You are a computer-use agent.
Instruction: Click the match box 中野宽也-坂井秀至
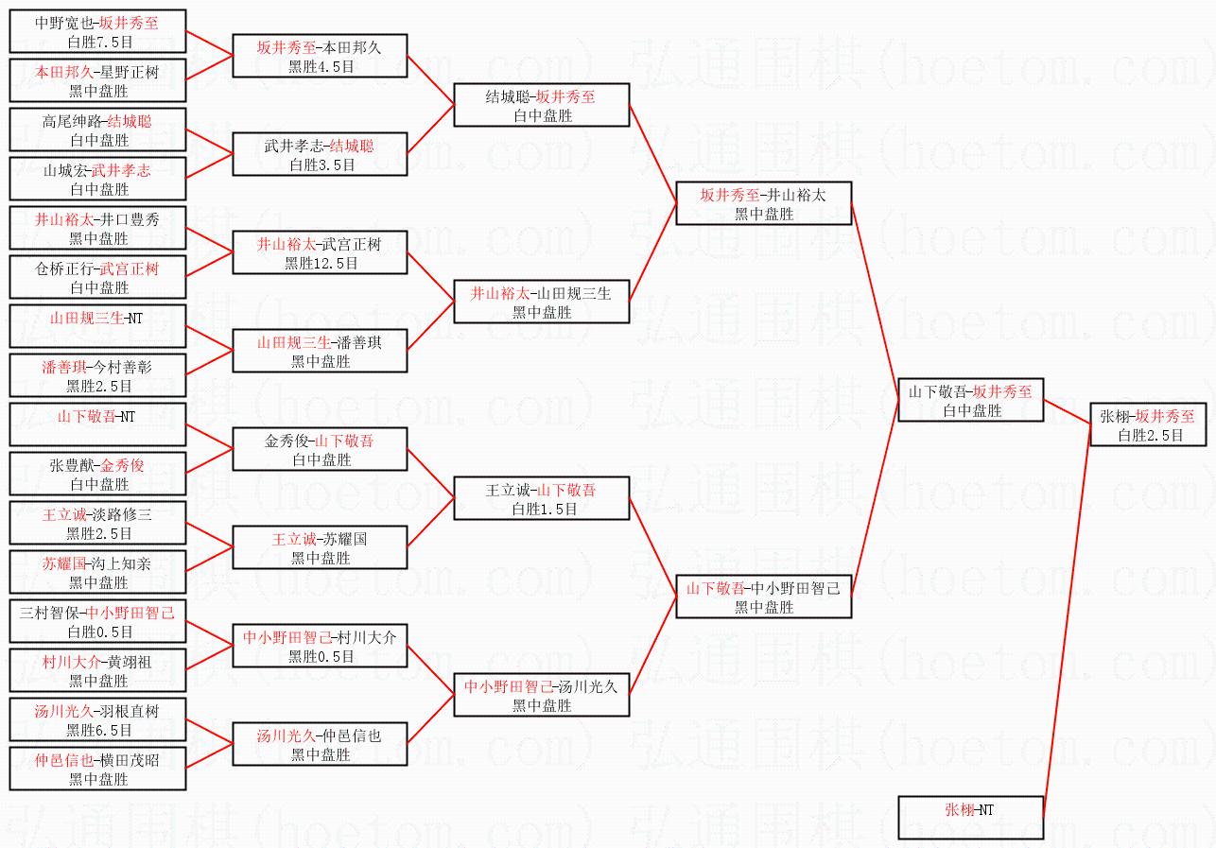(97, 31)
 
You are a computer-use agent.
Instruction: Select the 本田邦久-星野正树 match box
(97, 80)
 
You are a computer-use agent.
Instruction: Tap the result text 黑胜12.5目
(321, 263)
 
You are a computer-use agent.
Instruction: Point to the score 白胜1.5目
(542, 509)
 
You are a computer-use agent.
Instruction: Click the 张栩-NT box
(970, 818)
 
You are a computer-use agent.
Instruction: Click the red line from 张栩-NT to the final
(1068, 624)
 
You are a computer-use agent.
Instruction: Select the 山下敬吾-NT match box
(97, 424)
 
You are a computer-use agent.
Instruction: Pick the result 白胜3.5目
(321, 164)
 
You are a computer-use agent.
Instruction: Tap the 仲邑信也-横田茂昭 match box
(97, 769)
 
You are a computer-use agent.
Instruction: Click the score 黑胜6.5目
(97, 730)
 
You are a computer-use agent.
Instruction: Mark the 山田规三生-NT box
(97, 326)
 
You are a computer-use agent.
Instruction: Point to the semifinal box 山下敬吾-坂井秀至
(970, 400)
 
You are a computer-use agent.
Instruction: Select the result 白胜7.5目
(97, 42)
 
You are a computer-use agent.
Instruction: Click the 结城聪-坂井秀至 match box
(542, 105)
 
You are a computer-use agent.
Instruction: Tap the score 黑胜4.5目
(321, 66)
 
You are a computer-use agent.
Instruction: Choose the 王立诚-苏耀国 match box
(321, 547)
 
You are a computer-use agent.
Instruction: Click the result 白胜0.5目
(97, 632)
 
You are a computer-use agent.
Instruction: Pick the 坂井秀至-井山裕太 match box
(764, 203)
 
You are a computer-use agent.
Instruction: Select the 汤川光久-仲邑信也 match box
(321, 744)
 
